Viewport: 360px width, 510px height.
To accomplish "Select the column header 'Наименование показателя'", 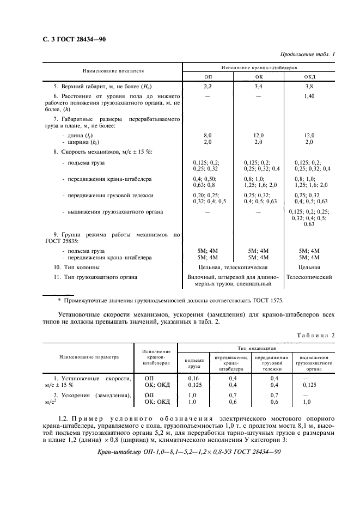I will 113,71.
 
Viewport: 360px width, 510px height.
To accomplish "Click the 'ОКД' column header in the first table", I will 309,77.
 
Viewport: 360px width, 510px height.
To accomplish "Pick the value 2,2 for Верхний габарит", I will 208,86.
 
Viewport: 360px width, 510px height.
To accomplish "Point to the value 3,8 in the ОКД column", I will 309,86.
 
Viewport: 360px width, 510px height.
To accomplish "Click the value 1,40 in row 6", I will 309,96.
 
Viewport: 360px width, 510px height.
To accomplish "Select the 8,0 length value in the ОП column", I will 208,135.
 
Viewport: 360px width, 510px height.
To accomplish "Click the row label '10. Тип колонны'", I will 77,268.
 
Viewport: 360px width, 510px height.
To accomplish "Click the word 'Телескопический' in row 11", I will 309,277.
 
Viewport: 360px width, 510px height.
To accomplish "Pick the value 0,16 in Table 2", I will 194,378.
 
